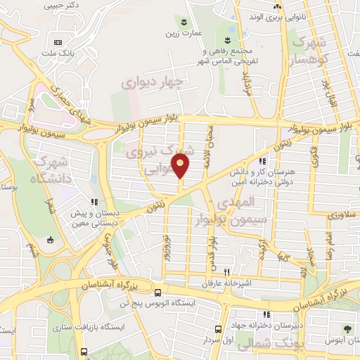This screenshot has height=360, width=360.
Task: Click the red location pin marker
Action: pyautogui.click(x=181, y=167)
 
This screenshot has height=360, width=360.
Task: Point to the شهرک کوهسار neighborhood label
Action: pyautogui.click(x=311, y=51)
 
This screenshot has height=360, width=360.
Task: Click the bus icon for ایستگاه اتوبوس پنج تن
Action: pyautogui.click(x=157, y=291)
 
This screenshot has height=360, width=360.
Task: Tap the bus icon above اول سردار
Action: pyautogui.click(x=219, y=328)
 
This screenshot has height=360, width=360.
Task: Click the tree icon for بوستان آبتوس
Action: pyautogui.click(x=347, y=329)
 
